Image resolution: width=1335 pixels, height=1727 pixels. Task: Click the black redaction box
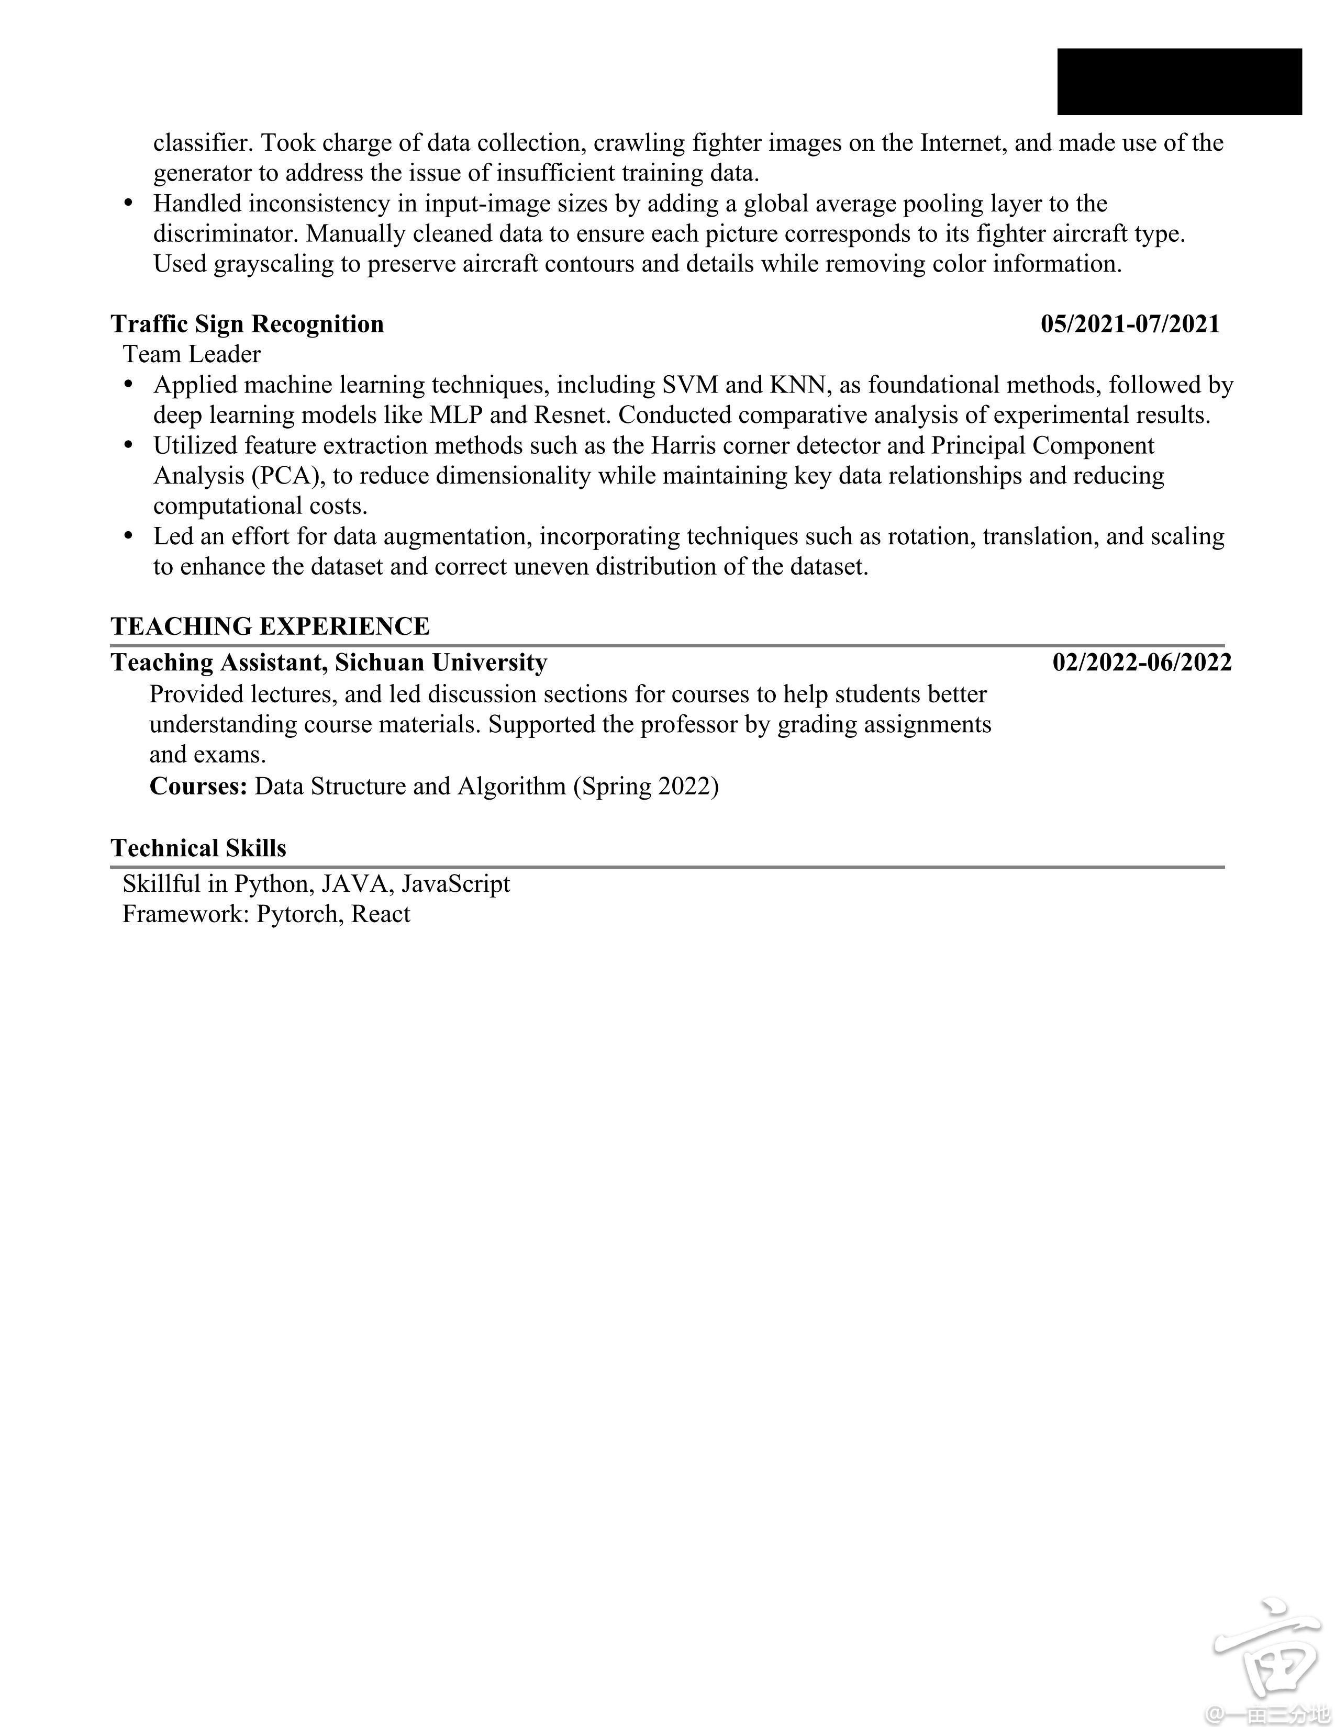pyautogui.click(x=1178, y=82)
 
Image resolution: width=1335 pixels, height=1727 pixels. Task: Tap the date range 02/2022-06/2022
pyautogui.click(x=1141, y=662)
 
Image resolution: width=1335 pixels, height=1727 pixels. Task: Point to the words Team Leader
pyautogui.click(x=192, y=354)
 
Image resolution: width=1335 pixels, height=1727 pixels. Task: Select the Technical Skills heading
pyautogui.click(x=198, y=848)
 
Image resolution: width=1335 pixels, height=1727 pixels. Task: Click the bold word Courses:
pyautogui.click(x=198, y=786)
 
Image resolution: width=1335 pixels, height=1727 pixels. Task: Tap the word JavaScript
pyautogui.click(x=455, y=883)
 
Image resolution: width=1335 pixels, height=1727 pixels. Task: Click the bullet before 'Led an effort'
pyautogui.click(x=129, y=536)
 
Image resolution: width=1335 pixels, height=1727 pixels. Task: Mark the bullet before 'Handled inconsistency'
pyautogui.click(x=129, y=203)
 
